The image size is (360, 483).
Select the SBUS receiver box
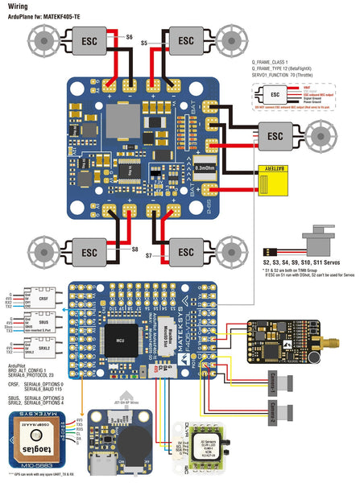point(43,327)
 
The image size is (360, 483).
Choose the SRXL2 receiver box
point(43,351)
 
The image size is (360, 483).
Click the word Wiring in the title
point(15,6)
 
